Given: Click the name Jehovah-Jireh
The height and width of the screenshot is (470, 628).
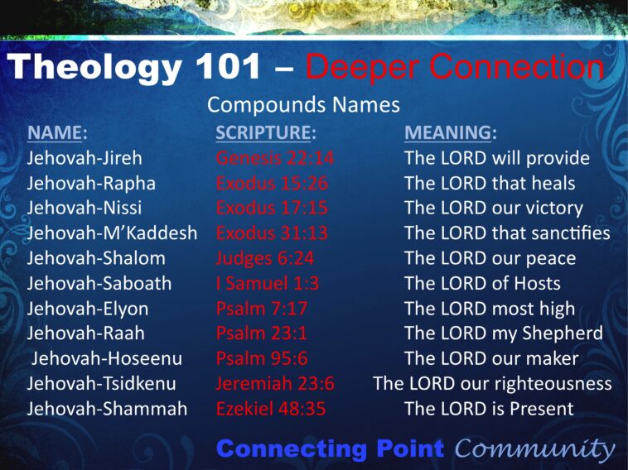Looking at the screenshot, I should coord(85,158).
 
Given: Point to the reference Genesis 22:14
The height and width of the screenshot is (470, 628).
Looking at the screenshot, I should coord(275,158).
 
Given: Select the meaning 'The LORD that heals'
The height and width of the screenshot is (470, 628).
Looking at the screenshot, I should coord(490,183).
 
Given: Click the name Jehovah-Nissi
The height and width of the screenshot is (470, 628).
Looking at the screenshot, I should coord(84,208).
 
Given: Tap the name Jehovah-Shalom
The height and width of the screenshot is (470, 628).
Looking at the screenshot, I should coord(96,258).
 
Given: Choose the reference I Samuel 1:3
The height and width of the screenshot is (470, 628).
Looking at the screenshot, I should coord(267,283).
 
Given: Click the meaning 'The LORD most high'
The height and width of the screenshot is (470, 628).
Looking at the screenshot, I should coord(490,309).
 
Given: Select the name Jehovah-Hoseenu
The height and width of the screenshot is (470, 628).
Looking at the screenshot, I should coord(107,358).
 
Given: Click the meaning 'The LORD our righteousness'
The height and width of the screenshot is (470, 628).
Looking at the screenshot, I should coord(492,384).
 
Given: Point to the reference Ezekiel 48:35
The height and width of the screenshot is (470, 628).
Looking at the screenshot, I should coord(271,409).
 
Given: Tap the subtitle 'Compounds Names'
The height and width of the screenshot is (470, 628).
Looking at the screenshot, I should coord(303,105).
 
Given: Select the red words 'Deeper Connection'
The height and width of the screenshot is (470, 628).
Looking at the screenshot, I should coord(455,67).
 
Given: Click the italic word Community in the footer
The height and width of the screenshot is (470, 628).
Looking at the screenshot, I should coord(535,449).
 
